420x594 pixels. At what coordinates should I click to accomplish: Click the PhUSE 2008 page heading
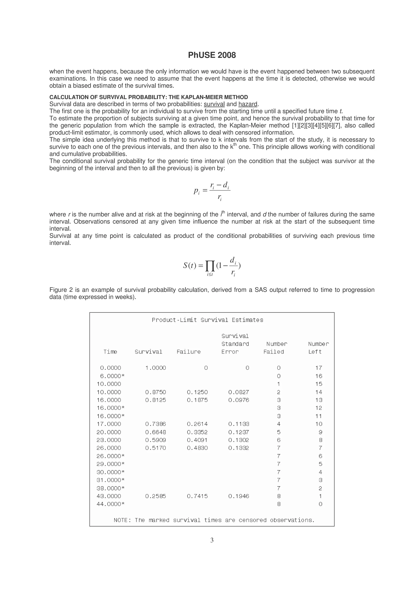coord(212,55)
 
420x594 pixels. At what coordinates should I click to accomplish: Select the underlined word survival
coord(214,104)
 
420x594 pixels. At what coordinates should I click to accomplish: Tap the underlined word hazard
coord(248,104)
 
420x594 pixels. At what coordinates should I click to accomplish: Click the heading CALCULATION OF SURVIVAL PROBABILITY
coord(148,97)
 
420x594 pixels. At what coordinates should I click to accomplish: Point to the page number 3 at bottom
coord(212,540)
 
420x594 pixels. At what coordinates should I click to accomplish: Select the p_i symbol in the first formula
coord(197,191)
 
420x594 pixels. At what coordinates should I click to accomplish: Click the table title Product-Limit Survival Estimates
coord(207,320)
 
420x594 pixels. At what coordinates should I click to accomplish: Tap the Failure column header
coord(188,352)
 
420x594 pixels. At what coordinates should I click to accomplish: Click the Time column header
coord(110,352)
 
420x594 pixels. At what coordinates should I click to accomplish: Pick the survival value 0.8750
coord(155,392)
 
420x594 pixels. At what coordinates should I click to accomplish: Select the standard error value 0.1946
coord(239,496)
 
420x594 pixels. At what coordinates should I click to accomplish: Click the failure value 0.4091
coord(197,440)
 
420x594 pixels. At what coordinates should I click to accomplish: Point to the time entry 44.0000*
coord(111,504)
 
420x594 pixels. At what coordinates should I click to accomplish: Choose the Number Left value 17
coord(318,368)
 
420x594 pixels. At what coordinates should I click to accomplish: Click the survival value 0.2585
coord(155,496)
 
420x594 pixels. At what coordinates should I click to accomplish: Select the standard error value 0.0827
coord(239,392)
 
